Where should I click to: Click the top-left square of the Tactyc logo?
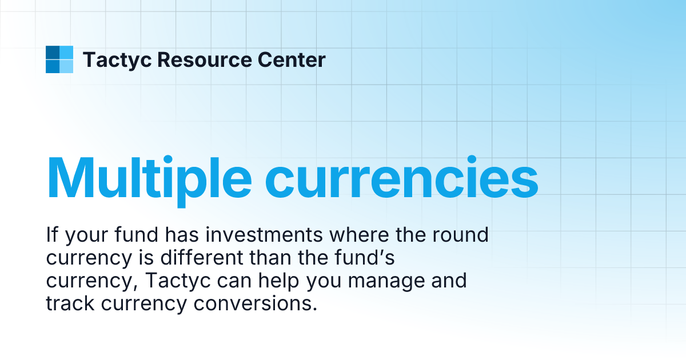tap(52, 52)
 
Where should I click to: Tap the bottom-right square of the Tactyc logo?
tap(66, 66)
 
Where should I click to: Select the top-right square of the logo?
tap(66, 52)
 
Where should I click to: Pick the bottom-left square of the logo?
tap(52, 66)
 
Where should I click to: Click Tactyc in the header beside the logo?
tap(117, 59)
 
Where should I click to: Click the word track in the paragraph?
tap(70, 303)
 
